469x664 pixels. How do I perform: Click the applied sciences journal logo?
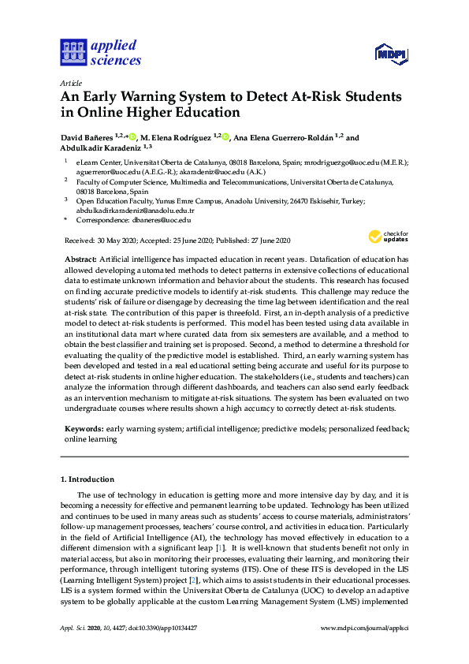coord(100,52)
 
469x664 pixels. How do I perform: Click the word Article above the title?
coord(70,83)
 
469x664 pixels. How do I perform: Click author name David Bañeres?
coord(87,137)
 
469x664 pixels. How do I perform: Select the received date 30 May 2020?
coord(114,241)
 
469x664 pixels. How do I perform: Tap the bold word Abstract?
coord(81,259)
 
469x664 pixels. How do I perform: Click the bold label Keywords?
coord(84,429)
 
